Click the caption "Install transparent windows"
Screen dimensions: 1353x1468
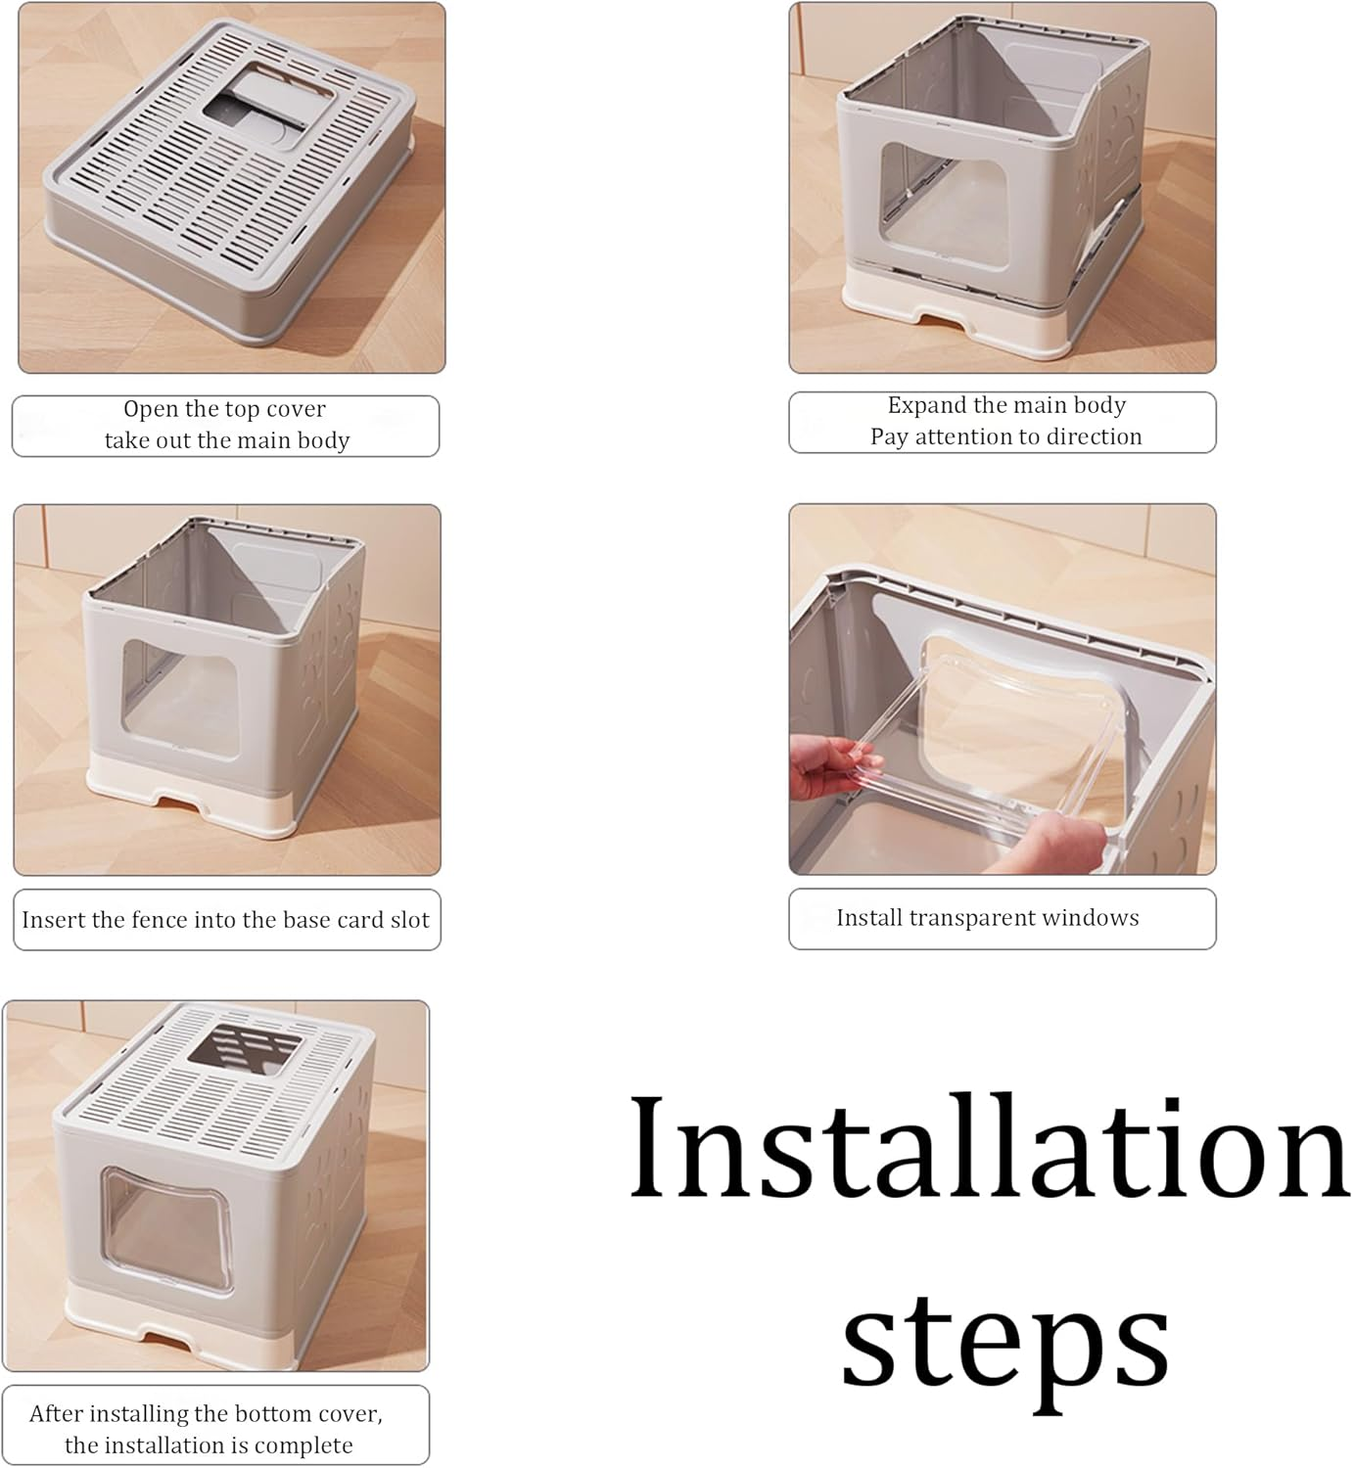[988, 918]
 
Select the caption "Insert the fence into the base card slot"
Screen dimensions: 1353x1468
[225, 919]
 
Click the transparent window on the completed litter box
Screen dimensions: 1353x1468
[167, 1233]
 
